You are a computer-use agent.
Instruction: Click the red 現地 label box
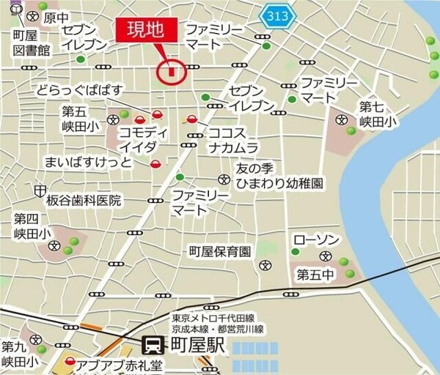point(147,31)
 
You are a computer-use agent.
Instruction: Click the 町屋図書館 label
point(31,43)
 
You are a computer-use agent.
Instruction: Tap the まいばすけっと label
point(88,161)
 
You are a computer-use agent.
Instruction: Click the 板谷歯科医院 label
point(79,200)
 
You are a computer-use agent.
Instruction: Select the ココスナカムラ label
point(233,141)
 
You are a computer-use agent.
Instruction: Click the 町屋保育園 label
point(220,251)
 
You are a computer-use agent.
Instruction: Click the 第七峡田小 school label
point(376,114)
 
